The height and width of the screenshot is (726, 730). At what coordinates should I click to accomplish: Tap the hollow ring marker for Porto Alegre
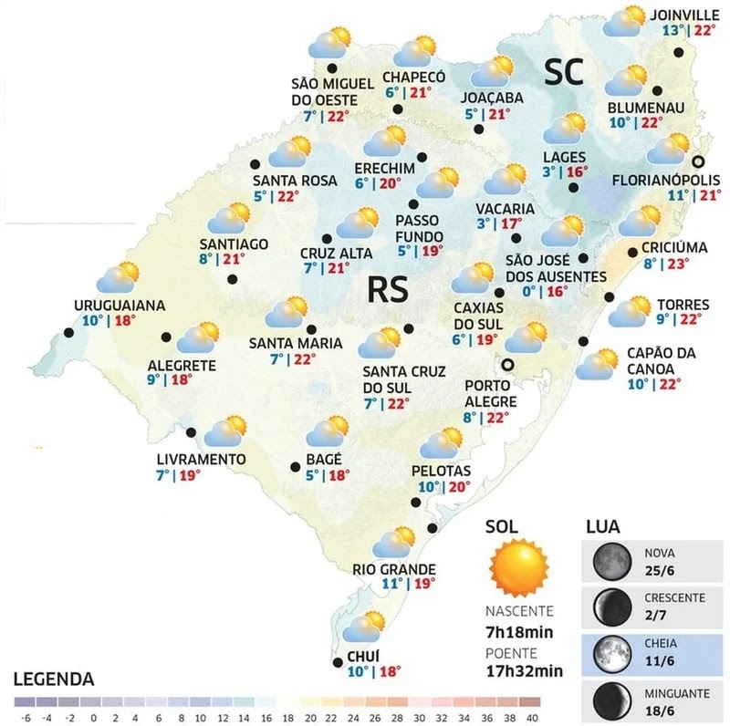[509, 365]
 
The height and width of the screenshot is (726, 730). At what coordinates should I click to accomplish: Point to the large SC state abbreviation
[564, 71]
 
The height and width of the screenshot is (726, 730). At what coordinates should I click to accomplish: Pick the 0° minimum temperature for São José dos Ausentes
[528, 292]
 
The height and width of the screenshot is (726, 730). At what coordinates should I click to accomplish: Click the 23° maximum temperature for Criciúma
[678, 264]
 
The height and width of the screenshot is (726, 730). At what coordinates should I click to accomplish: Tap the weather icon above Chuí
[367, 627]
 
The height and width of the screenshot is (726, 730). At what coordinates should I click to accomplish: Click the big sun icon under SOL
[518, 568]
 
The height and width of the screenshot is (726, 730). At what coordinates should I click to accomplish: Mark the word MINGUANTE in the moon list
[676, 693]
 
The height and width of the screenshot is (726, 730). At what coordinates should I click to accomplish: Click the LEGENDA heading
[54, 679]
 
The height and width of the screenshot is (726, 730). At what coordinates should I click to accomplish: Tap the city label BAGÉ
[325, 458]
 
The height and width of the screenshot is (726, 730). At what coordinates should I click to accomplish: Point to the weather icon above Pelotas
[443, 443]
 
